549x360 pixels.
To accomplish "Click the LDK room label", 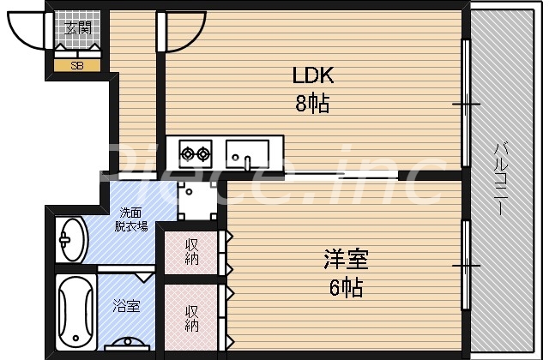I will (313, 76).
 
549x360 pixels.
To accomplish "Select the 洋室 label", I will (346, 258).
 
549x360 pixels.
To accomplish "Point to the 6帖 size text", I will (346, 286).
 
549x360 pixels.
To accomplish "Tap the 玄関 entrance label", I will (77, 27).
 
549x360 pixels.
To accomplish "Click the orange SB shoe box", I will (77, 65).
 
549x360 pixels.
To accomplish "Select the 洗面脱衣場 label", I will (132, 220).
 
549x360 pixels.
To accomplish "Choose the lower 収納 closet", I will (191, 318).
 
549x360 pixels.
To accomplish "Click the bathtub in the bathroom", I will (75, 313).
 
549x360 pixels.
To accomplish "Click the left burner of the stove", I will (186, 154).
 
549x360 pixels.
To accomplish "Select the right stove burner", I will (203, 154).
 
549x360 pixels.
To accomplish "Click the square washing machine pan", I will (196, 201).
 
